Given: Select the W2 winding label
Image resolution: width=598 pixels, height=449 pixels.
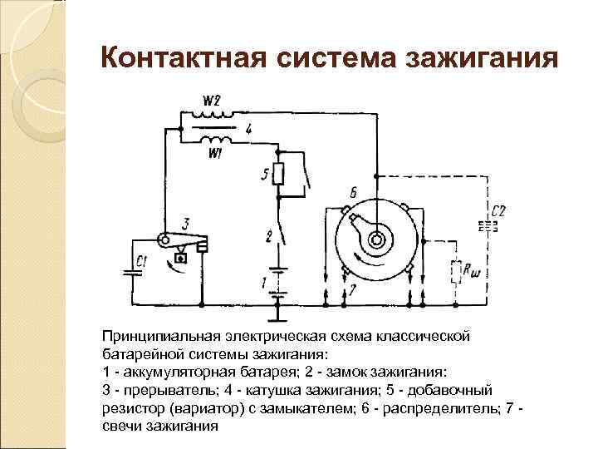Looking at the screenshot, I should pos(212,102).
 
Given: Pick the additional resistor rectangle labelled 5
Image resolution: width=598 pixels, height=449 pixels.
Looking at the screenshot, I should pos(280,175).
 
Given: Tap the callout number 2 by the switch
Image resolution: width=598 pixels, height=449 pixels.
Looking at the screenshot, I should pos(268,235).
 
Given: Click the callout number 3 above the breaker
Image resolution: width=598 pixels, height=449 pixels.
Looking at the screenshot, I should pos(185,222).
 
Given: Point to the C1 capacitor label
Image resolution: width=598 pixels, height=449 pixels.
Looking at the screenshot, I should pos(143,262).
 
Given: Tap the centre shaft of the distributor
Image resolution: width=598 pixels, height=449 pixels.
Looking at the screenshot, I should pos(376,239).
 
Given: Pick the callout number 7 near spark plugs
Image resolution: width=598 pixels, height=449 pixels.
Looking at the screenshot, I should pos(352,289).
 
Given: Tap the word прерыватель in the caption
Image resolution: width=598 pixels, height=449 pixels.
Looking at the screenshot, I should pos(159,389).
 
